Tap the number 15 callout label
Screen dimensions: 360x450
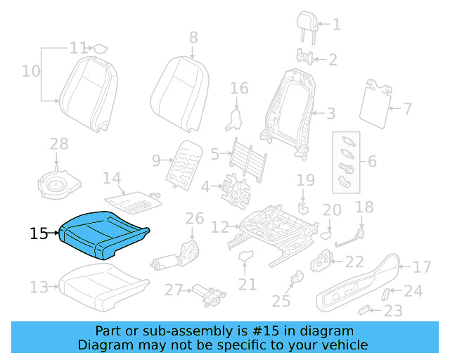point(39,233)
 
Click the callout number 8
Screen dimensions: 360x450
point(193,37)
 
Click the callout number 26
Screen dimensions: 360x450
point(194,219)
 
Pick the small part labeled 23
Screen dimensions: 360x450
point(364,309)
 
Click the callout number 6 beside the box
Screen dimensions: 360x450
point(372,162)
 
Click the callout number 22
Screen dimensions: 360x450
point(354,262)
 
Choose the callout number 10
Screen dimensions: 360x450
point(31,71)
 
